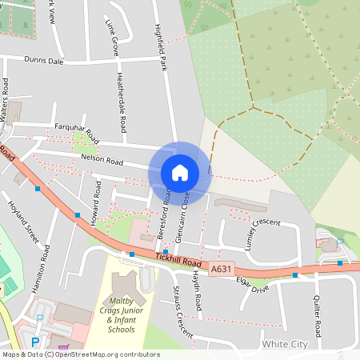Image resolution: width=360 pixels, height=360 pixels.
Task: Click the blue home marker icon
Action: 180,173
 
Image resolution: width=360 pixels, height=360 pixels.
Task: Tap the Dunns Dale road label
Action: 44,58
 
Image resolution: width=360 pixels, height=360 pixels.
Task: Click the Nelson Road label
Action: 102,162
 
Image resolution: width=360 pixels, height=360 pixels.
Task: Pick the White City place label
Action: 284,344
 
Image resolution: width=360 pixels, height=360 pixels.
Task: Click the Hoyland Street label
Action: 22,222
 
